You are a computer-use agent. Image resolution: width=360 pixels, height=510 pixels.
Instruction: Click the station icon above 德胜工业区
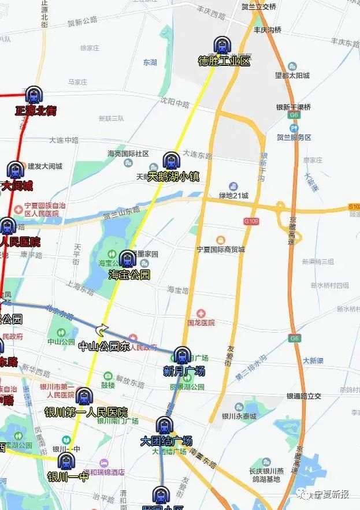pyautogui.click(x=221, y=46)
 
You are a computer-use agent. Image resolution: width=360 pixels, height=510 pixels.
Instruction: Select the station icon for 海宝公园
pyautogui.click(x=127, y=259)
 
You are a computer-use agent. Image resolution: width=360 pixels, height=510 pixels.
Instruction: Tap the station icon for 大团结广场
pyautogui.click(x=164, y=426)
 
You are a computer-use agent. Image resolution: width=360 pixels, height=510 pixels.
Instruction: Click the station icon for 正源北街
pyautogui.click(x=34, y=96)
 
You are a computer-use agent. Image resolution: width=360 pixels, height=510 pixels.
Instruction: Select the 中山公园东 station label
pyautogui.click(x=103, y=346)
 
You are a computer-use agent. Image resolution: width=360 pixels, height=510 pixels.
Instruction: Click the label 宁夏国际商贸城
pyautogui.click(x=221, y=250)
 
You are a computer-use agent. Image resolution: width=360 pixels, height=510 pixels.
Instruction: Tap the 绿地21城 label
pyautogui.click(x=233, y=196)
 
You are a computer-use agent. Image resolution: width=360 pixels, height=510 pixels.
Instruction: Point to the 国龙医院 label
pyautogui.click(x=201, y=322)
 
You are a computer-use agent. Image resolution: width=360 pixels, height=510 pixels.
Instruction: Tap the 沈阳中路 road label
pyautogui.click(x=175, y=103)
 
